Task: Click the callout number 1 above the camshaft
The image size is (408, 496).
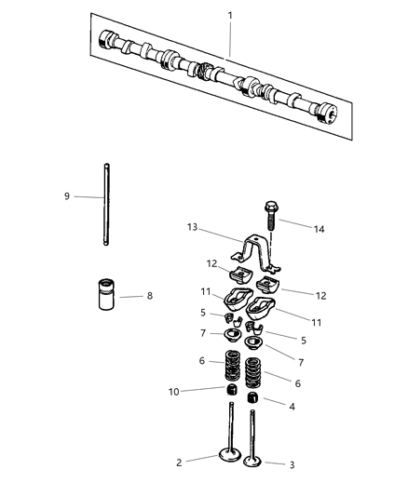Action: pyautogui.click(x=230, y=16)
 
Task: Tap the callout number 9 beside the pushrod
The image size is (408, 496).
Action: pyautogui.click(x=67, y=196)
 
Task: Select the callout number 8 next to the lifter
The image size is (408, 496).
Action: pyautogui.click(x=149, y=297)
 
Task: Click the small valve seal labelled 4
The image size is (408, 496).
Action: pyautogui.click(x=252, y=400)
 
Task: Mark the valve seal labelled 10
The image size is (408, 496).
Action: pyautogui.click(x=227, y=390)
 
